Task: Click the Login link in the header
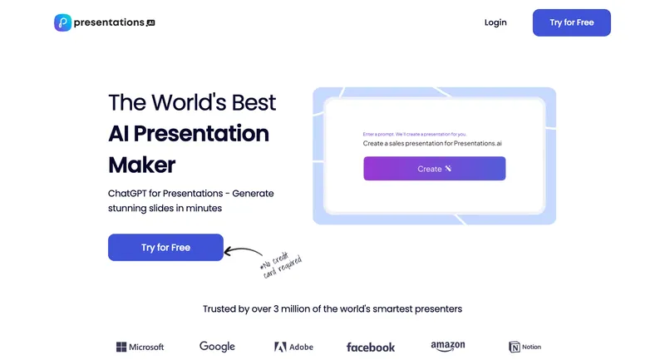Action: click(x=495, y=22)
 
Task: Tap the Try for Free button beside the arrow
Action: click(x=165, y=248)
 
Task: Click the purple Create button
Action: click(x=434, y=169)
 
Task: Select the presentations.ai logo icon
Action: click(x=62, y=22)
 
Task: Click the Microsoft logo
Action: click(x=140, y=347)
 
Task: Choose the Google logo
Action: click(x=217, y=347)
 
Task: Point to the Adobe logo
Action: click(x=293, y=347)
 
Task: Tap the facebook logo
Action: click(x=371, y=347)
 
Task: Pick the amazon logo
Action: click(x=448, y=346)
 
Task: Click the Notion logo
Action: click(x=525, y=347)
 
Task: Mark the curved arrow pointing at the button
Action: click(x=243, y=250)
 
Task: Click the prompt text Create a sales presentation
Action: click(x=432, y=144)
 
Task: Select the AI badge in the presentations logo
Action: click(x=150, y=23)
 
